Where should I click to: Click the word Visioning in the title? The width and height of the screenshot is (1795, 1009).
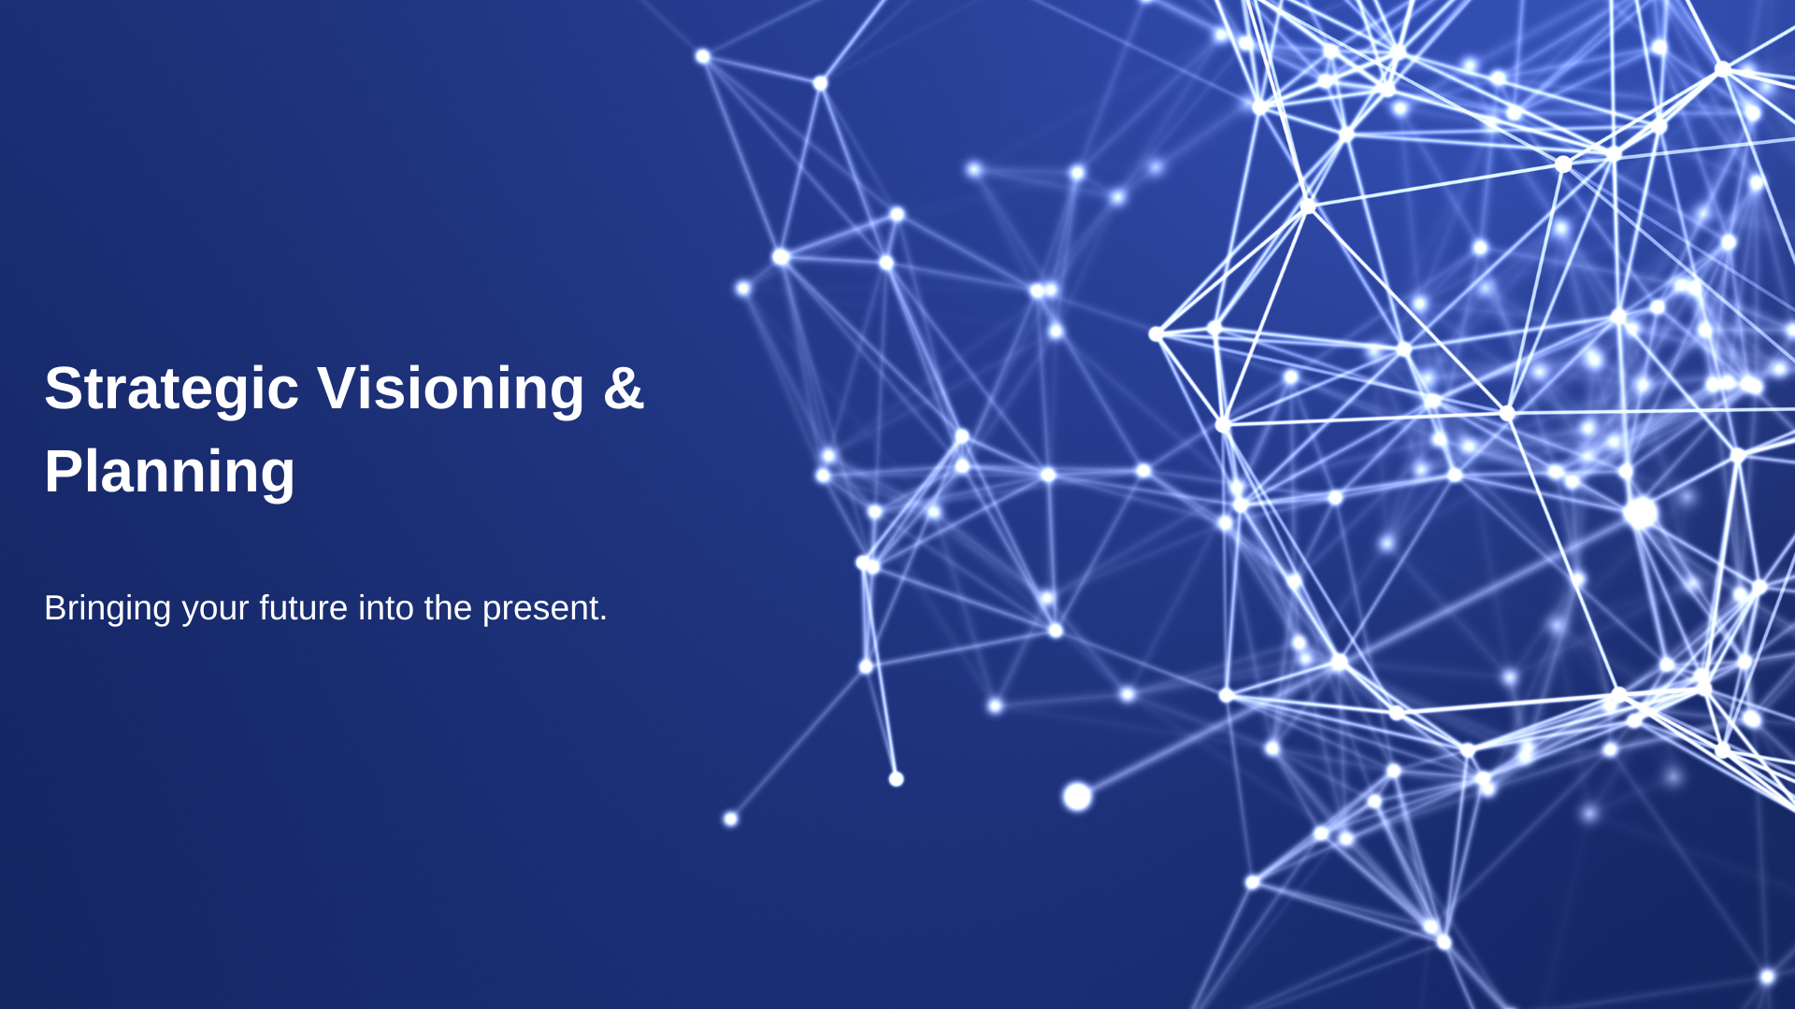coord(451,388)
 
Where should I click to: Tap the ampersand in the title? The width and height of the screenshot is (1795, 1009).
coord(624,388)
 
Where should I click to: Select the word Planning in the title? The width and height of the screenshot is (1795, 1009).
coord(169,473)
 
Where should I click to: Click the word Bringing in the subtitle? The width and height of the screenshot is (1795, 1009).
coord(108,609)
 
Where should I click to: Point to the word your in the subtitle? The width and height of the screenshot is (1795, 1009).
coord(215,611)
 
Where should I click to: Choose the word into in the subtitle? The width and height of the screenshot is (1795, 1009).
coord(386,607)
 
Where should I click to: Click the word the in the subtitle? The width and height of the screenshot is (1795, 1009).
coord(448,607)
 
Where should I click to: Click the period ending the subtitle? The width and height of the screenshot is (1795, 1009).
coord(603,618)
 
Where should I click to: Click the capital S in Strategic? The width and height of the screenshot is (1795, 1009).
coord(63,388)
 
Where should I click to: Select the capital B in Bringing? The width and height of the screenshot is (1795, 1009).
coord(55,607)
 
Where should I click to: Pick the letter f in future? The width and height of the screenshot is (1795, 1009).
coord(266,607)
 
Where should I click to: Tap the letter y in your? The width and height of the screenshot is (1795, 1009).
coord(191,614)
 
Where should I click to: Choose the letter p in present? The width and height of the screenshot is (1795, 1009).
coord(492,614)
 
